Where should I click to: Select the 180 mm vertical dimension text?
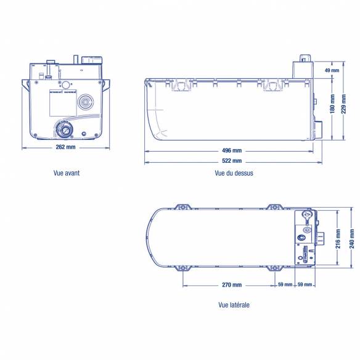click(x=332, y=104)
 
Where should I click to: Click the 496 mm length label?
click(x=232, y=150)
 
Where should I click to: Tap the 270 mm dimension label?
click(x=232, y=285)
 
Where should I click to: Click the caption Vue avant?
click(x=67, y=173)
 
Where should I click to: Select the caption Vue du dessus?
click(x=234, y=173)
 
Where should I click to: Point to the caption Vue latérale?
click(x=234, y=305)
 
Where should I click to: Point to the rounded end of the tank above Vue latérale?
click(x=153, y=237)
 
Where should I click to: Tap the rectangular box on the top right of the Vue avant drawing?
click(x=91, y=60)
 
